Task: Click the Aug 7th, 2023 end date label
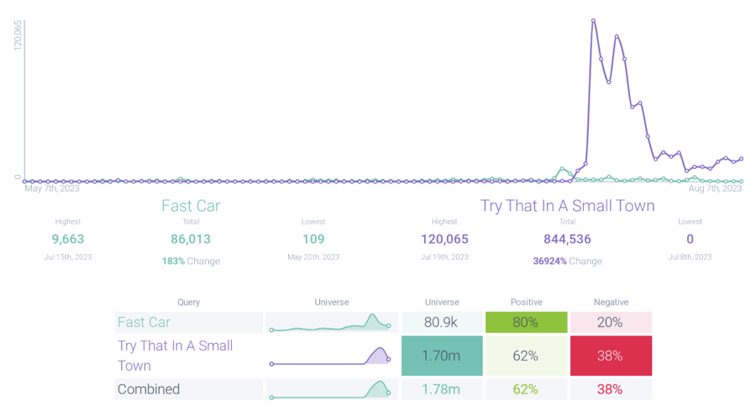(x=714, y=188)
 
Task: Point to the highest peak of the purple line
(x=593, y=20)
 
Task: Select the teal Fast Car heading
(x=191, y=206)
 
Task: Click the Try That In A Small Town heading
(x=567, y=206)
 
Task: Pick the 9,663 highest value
(x=68, y=240)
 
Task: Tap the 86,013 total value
(x=191, y=240)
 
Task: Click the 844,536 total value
(x=567, y=240)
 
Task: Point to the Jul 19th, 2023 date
(x=444, y=256)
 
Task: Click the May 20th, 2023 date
(x=313, y=256)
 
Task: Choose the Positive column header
(x=526, y=302)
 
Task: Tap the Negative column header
(x=611, y=302)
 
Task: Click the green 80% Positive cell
(x=526, y=322)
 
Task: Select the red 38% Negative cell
(x=611, y=356)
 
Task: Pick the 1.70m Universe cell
(x=442, y=356)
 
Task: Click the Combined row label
(x=149, y=389)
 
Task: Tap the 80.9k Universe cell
(x=442, y=322)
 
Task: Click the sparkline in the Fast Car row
(x=331, y=323)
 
